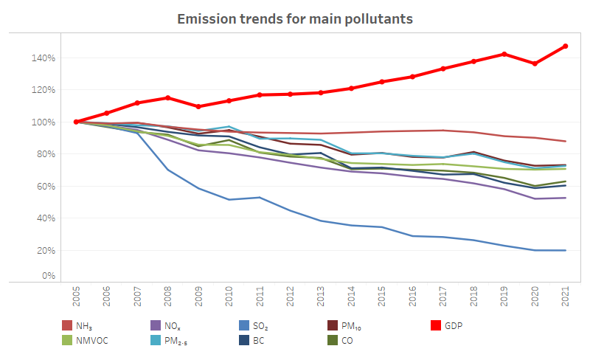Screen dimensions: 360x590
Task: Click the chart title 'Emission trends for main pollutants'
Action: point(294,18)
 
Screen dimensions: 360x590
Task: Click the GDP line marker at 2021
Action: point(565,46)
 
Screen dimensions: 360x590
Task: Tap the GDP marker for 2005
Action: point(76,122)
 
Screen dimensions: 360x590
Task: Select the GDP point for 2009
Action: point(198,106)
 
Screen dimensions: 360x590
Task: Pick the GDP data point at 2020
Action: point(535,63)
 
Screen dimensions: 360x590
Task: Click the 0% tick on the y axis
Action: point(48,276)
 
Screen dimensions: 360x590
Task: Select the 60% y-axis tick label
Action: point(45,186)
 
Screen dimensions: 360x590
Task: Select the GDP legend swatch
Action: point(437,325)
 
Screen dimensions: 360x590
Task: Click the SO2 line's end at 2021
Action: point(565,250)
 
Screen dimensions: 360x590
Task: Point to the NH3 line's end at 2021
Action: point(565,141)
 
